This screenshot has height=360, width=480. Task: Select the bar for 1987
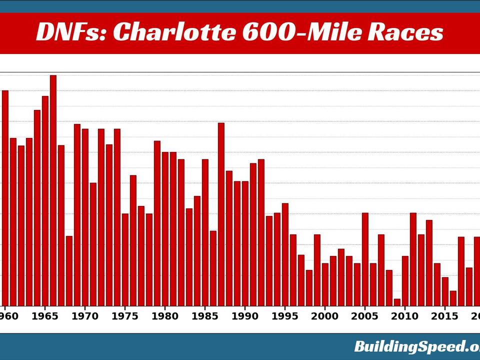coord(221,214)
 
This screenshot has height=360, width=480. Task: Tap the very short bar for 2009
coord(397,302)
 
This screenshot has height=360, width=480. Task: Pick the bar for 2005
coord(365,259)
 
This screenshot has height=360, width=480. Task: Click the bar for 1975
coord(125,260)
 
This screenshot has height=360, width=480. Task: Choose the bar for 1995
coord(285,254)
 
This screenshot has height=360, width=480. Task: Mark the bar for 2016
coord(453,298)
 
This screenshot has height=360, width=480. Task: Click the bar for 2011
coord(413,259)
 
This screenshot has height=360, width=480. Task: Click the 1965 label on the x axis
coord(45,316)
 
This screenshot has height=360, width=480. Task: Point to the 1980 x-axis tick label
coord(165,316)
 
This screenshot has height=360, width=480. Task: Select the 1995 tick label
coord(285,316)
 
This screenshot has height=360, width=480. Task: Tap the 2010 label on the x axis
coord(405,316)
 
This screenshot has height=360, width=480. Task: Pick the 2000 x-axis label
coord(325,316)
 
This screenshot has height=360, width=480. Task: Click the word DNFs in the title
coord(70,33)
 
